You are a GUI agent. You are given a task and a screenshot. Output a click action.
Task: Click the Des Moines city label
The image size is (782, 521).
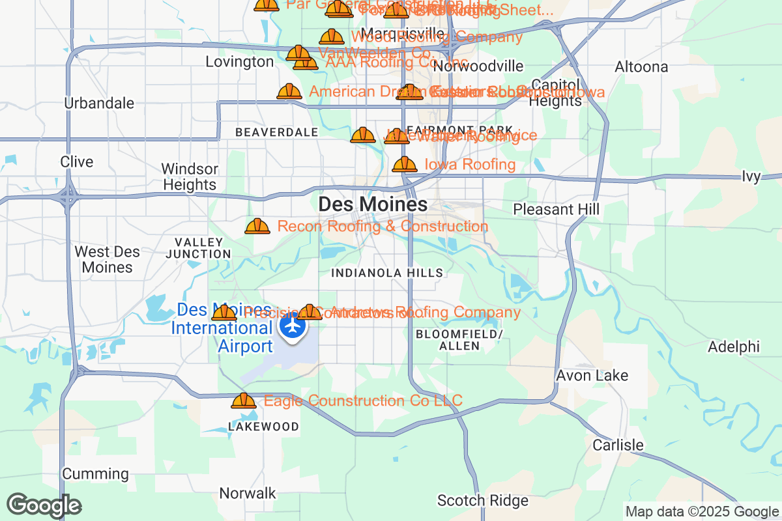[373, 204]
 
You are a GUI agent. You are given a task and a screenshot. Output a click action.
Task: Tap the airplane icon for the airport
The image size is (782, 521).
[293, 324]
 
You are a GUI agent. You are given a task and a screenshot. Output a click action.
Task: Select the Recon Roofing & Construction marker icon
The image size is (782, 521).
[257, 227]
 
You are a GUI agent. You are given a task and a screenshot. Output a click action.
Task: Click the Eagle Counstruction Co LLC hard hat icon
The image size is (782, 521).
[244, 401]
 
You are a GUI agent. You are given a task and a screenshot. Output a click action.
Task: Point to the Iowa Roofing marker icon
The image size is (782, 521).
[405, 164]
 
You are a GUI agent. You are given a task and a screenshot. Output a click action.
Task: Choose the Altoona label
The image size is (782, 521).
[641, 67]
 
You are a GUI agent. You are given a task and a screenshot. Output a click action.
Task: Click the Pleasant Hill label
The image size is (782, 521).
[556, 209]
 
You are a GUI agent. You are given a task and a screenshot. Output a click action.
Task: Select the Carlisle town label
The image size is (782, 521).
[618, 445]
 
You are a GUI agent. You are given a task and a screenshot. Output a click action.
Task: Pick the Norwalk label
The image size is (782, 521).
[248, 494]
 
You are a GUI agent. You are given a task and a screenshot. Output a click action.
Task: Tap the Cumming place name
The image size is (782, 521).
[95, 474]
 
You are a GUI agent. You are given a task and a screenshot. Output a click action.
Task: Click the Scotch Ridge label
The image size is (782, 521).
[483, 501]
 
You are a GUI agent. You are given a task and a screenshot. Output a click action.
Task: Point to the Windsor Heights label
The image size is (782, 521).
[189, 177]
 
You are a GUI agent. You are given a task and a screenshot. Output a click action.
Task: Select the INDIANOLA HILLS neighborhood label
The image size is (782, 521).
[387, 274]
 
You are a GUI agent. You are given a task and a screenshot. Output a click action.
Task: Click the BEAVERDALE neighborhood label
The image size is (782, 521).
[276, 133]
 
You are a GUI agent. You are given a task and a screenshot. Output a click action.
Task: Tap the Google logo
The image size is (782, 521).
[44, 506]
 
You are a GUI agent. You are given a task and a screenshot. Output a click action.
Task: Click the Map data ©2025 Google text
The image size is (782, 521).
[702, 512]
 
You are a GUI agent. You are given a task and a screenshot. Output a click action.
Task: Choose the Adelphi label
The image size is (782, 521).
[734, 346]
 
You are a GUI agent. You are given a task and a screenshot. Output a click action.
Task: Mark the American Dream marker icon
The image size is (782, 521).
[289, 92]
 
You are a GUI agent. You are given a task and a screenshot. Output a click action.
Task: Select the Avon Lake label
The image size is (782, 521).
[592, 376]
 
